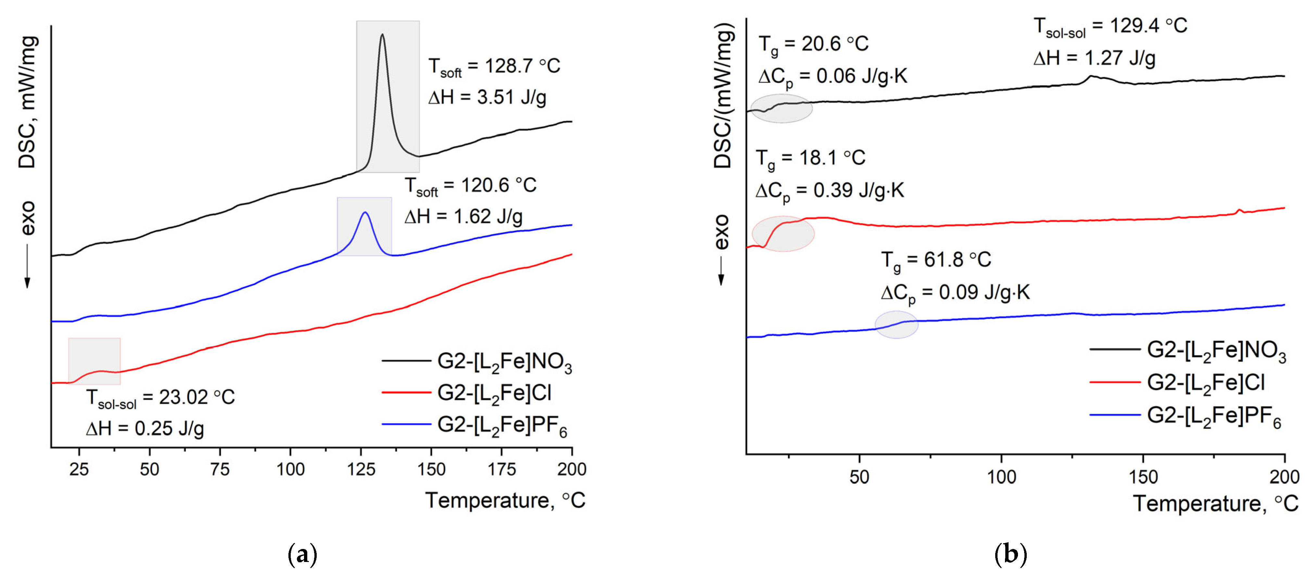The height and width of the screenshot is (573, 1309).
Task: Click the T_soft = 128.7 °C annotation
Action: [494, 67]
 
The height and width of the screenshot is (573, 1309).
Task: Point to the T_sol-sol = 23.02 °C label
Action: [160, 398]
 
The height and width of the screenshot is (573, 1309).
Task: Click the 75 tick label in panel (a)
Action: [220, 469]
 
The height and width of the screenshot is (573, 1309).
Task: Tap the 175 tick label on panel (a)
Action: [502, 469]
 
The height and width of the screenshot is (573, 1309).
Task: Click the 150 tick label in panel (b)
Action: [1143, 477]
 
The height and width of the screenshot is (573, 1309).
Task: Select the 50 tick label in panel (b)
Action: [859, 477]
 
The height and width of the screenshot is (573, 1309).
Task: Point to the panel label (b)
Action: [1010, 554]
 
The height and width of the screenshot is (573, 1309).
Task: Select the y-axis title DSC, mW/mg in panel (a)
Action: [27, 102]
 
